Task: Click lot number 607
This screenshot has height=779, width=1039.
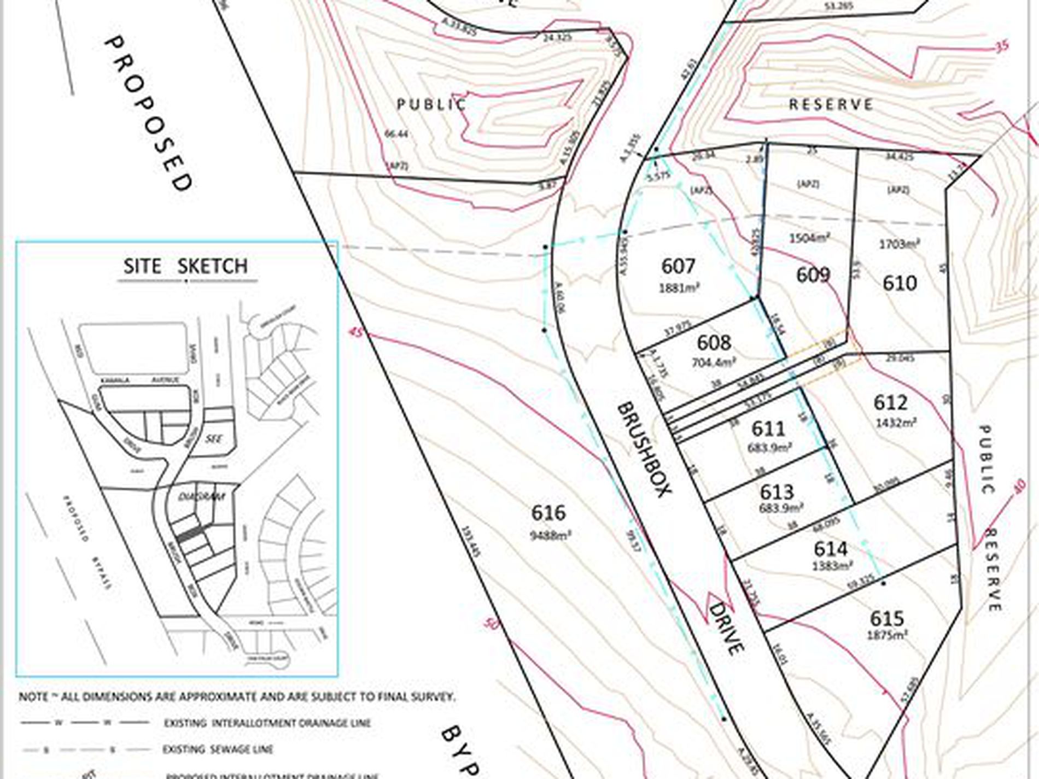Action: point(678,266)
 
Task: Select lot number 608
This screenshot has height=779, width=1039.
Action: point(714,343)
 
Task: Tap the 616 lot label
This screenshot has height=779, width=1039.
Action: point(548,513)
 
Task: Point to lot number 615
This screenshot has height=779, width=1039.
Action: point(886,619)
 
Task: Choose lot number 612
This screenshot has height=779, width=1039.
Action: point(890,402)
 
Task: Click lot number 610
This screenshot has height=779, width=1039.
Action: point(900,283)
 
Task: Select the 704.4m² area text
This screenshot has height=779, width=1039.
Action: point(714,362)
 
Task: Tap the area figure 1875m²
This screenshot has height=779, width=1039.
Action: point(888,635)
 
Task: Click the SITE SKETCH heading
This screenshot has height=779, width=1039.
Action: point(185,266)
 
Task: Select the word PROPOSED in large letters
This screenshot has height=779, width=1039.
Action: point(148,113)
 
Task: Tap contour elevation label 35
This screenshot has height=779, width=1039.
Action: point(1001,46)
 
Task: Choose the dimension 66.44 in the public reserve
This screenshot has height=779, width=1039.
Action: point(396,133)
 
